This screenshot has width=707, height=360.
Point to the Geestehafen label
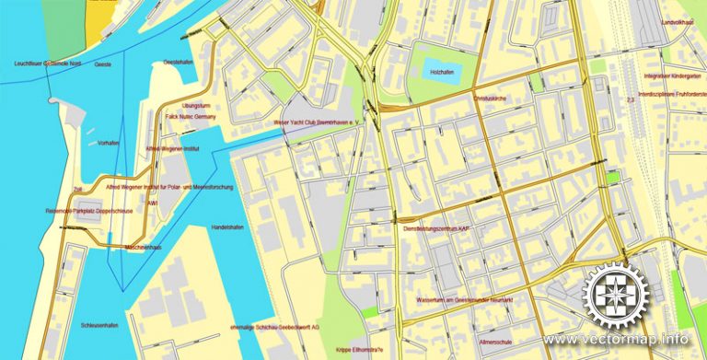pos(178,63)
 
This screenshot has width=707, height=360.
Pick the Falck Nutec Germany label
pos(191,118)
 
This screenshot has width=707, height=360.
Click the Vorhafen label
pos(109,144)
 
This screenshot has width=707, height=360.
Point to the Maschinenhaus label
pos(130,247)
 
